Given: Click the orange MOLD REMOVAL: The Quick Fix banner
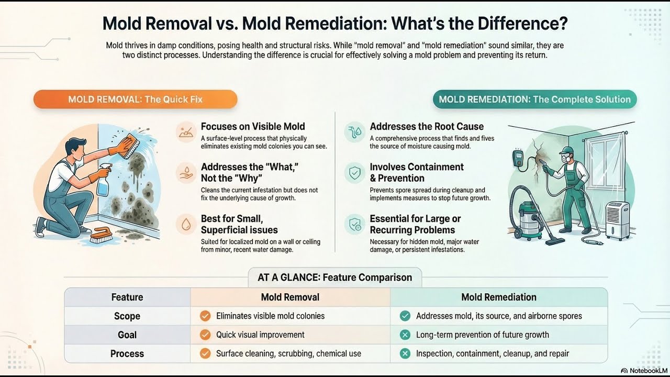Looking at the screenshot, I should pyautogui.click(x=135, y=99).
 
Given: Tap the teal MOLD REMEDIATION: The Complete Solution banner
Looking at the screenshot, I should pyautogui.click(x=534, y=99).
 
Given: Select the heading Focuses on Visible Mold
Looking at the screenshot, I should pyautogui.click(x=253, y=127).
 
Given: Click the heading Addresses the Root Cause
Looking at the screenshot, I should pyautogui.click(x=427, y=127).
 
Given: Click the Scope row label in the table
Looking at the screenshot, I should pyautogui.click(x=127, y=316).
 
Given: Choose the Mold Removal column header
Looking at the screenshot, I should pyautogui.click(x=290, y=297).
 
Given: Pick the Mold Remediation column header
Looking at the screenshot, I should pyautogui.click(x=498, y=297).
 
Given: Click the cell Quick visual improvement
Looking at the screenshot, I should pyautogui.click(x=260, y=335).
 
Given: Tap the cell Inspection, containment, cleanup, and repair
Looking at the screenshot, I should pyautogui.click(x=493, y=353).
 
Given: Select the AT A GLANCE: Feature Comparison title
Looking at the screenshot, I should pyautogui.click(x=334, y=278).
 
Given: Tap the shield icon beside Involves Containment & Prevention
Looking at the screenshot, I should pyautogui.click(x=355, y=172).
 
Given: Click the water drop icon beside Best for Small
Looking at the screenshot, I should pyautogui.click(x=185, y=224).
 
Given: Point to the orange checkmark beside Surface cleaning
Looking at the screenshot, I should pyautogui.click(x=205, y=353).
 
